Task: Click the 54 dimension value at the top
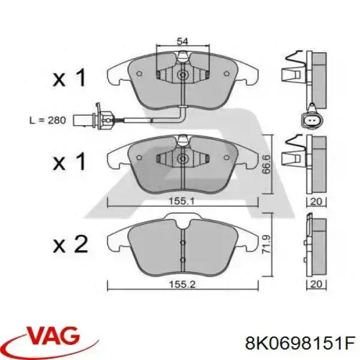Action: tap(182, 41)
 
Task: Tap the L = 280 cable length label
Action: tap(47, 121)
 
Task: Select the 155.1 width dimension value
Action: tap(182, 202)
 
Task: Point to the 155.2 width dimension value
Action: tap(182, 284)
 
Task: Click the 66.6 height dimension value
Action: tap(266, 164)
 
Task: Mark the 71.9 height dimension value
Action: tap(266, 244)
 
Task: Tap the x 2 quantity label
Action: tap(70, 244)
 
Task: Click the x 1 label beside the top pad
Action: tap(70, 78)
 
